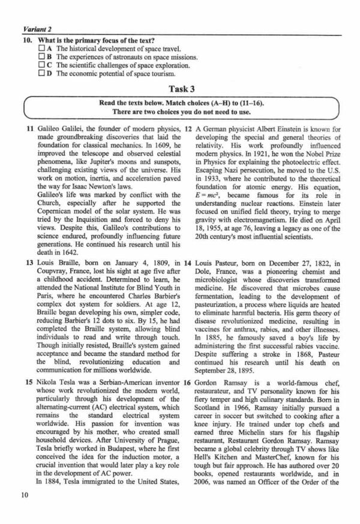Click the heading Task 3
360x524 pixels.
pos(180,88)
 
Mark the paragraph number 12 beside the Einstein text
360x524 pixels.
pos(187,129)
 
